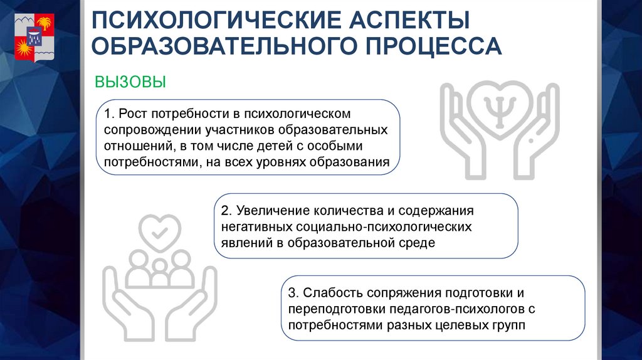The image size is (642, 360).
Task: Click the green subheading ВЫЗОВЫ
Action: pos(130,82)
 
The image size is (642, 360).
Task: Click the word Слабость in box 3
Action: pos(328,293)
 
